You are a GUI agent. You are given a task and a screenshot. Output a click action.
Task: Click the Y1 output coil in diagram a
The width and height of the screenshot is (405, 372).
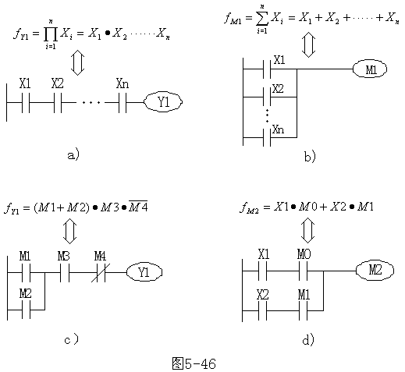pyautogui.click(x=163, y=102)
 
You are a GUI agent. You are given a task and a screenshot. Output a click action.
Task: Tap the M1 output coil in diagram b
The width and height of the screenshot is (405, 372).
pyautogui.click(x=370, y=69)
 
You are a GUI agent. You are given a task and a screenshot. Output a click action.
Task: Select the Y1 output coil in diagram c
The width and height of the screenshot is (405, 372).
pyautogui.click(x=144, y=272)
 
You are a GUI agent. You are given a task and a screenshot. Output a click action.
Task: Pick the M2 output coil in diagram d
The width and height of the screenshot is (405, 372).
pyautogui.click(x=375, y=271)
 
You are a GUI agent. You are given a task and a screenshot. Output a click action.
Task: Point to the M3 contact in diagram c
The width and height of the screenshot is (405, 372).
pyautogui.click(x=65, y=272)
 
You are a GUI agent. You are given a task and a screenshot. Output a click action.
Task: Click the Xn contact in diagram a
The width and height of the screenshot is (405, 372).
pyautogui.click(x=123, y=102)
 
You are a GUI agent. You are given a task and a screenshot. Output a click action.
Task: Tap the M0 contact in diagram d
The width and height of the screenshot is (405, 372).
pyautogui.click(x=304, y=271)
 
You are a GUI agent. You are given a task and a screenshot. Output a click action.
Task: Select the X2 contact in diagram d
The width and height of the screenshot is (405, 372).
pyautogui.click(x=263, y=310)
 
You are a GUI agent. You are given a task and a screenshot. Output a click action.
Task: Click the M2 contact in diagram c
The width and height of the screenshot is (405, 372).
pyautogui.click(x=26, y=310)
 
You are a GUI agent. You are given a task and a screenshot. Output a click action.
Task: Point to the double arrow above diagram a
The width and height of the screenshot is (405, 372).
pyautogui.click(x=77, y=62)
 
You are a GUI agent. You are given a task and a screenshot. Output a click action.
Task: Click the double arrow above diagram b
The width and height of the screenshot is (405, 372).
pyautogui.click(x=308, y=44)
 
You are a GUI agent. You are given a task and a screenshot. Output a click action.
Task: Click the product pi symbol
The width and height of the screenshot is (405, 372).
pyautogui.click(x=51, y=34)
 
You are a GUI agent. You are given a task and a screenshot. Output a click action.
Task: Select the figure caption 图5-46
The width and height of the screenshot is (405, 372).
pyautogui.click(x=194, y=363)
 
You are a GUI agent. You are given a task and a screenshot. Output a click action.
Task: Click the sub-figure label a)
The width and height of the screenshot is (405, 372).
pyautogui.click(x=73, y=155)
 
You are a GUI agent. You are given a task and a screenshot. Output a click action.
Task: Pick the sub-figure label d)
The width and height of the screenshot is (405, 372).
pyautogui.click(x=308, y=339)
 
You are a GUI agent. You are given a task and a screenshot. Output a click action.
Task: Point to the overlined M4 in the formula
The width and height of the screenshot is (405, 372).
pyautogui.click(x=138, y=207)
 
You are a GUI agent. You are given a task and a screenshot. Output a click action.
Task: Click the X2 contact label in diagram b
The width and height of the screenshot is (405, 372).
pyautogui.click(x=278, y=89)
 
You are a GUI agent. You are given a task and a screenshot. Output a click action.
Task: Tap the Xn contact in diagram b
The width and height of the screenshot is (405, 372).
pyautogui.click(x=267, y=136)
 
